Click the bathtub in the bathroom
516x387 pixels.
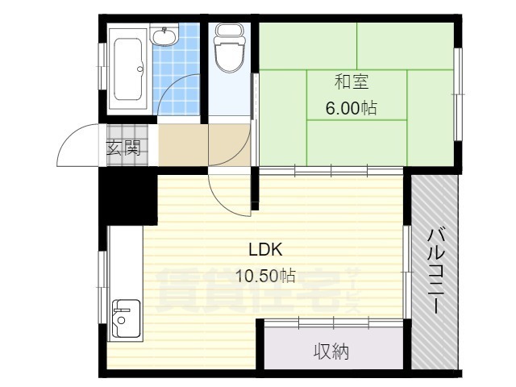pyautogui.click(x=128, y=69)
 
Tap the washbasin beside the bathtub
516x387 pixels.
pyautogui.click(x=164, y=35)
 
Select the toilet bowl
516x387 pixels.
pyautogui.click(x=229, y=48)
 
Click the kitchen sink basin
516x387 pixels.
pyautogui.click(x=127, y=318)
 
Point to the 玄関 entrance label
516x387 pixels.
pyautogui.click(x=123, y=148)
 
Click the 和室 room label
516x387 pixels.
pyautogui.click(x=352, y=81)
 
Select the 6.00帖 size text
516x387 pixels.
pyautogui.click(x=352, y=108)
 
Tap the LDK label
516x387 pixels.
pyautogui.click(x=265, y=249)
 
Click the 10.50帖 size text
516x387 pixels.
pyautogui.click(x=265, y=276)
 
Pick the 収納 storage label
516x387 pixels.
pyautogui.click(x=331, y=352)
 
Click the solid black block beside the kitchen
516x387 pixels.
pyautogui.click(x=128, y=196)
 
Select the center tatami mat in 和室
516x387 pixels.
pyautogui.click(x=357, y=95)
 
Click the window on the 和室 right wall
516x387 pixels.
pyautogui.click(x=457, y=94)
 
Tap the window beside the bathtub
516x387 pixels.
pyautogui.click(x=102, y=66)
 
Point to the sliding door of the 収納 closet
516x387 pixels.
pyautogui.click(x=334, y=322)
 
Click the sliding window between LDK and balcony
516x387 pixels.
pyautogui.click(x=407, y=272)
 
